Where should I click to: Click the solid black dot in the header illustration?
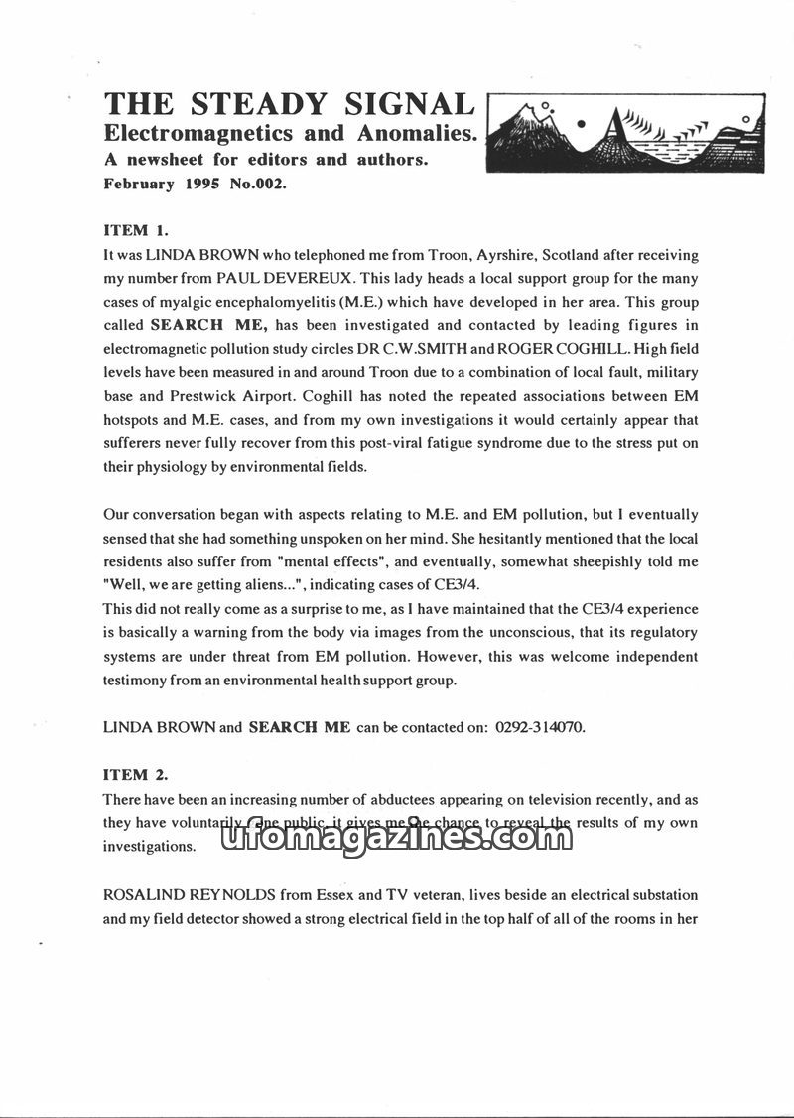tap(583, 124)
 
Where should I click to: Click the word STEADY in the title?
tap(250, 104)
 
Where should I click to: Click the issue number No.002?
tap(257, 184)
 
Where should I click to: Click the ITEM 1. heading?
tap(136, 230)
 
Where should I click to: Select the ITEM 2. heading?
tap(136, 774)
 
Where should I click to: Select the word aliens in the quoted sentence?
tap(256, 585)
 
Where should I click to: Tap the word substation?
tap(663, 894)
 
